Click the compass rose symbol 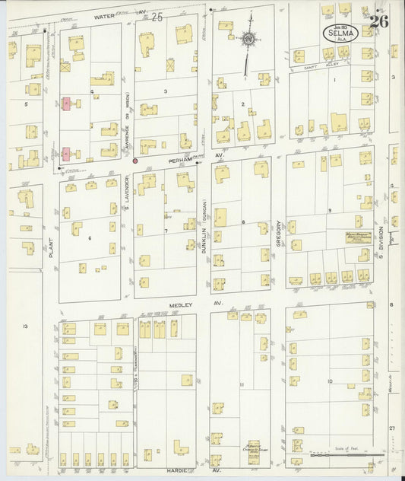click(248, 39)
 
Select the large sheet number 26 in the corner click(379, 21)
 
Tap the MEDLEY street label click(179, 304)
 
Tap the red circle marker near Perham click(135, 161)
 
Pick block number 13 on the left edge click(25, 326)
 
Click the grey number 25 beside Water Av click(157, 16)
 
